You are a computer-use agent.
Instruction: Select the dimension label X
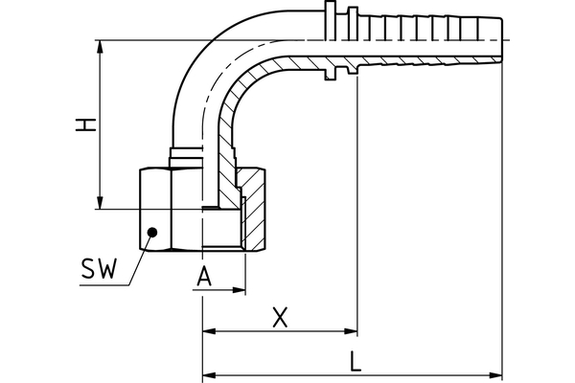(x=280, y=317)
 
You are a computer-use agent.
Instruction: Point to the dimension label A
(x=203, y=278)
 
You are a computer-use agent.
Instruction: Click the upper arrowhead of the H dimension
(x=101, y=45)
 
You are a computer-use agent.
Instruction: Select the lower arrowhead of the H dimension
(x=101, y=203)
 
